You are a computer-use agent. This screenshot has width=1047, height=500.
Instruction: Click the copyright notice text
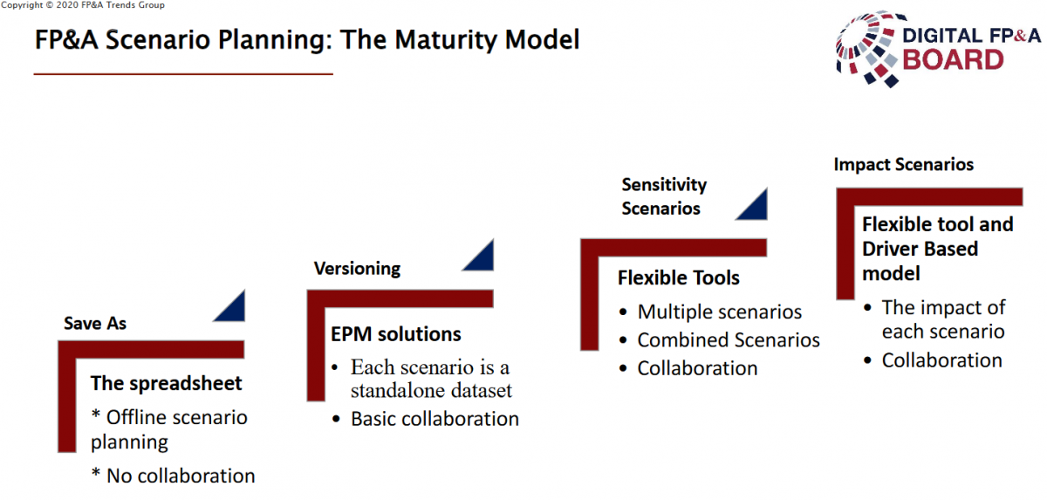(83, 5)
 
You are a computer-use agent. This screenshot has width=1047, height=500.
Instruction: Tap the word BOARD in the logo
(953, 60)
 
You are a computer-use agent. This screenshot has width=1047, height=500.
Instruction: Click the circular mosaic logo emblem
(867, 48)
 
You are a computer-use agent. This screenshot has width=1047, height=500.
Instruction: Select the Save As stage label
(95, 324)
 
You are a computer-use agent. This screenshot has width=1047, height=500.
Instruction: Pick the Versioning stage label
(357, 269)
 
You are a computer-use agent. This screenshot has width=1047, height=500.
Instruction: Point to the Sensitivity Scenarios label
(664, 196)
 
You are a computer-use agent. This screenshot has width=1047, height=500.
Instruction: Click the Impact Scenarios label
(904, 165)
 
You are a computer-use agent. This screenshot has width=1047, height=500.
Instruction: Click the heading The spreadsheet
(166, 384)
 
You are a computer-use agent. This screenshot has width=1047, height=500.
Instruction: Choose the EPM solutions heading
(396, 334)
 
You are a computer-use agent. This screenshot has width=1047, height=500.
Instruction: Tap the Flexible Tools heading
(679, 278)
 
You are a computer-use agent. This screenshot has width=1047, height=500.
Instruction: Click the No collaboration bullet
(174, 476)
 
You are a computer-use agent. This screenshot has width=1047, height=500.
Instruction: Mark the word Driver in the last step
(890, 249)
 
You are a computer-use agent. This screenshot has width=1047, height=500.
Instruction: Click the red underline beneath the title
(183, 74)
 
